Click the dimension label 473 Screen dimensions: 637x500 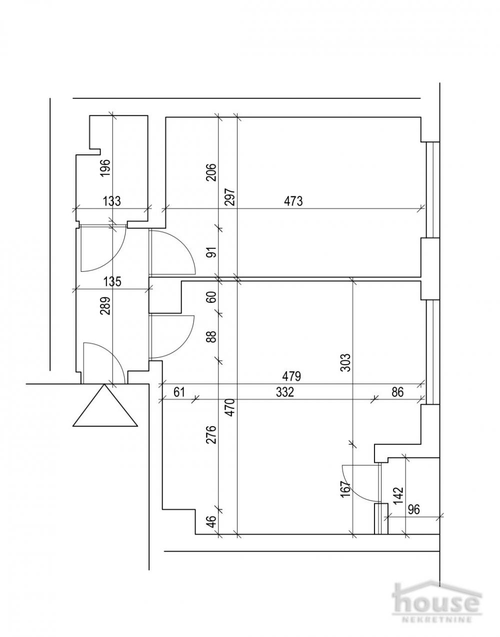pyautogui.click(x=293, y=201)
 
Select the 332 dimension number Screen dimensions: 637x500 pyautogui.click(x=284, y=392)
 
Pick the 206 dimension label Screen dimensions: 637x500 pyautogui.click(x=211, y=172)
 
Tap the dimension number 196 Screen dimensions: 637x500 pyautogui.click(x=105, y=168)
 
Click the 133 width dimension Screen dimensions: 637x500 pyautogui.click(x=112, y=201)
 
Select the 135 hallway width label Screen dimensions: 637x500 pyautogui.click(x=112, y=281)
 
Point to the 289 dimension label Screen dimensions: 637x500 pyautogui.click(x=105, y=305)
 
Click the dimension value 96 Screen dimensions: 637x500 pyautogui.click(x=414, y=510)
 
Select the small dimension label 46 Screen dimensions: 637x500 pyautogui.click(x=211, y=523)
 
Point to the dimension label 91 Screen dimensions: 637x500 pyautogui.click(x=211, y=251)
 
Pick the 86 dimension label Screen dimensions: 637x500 pyautogui.click(x=397, y=392)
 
